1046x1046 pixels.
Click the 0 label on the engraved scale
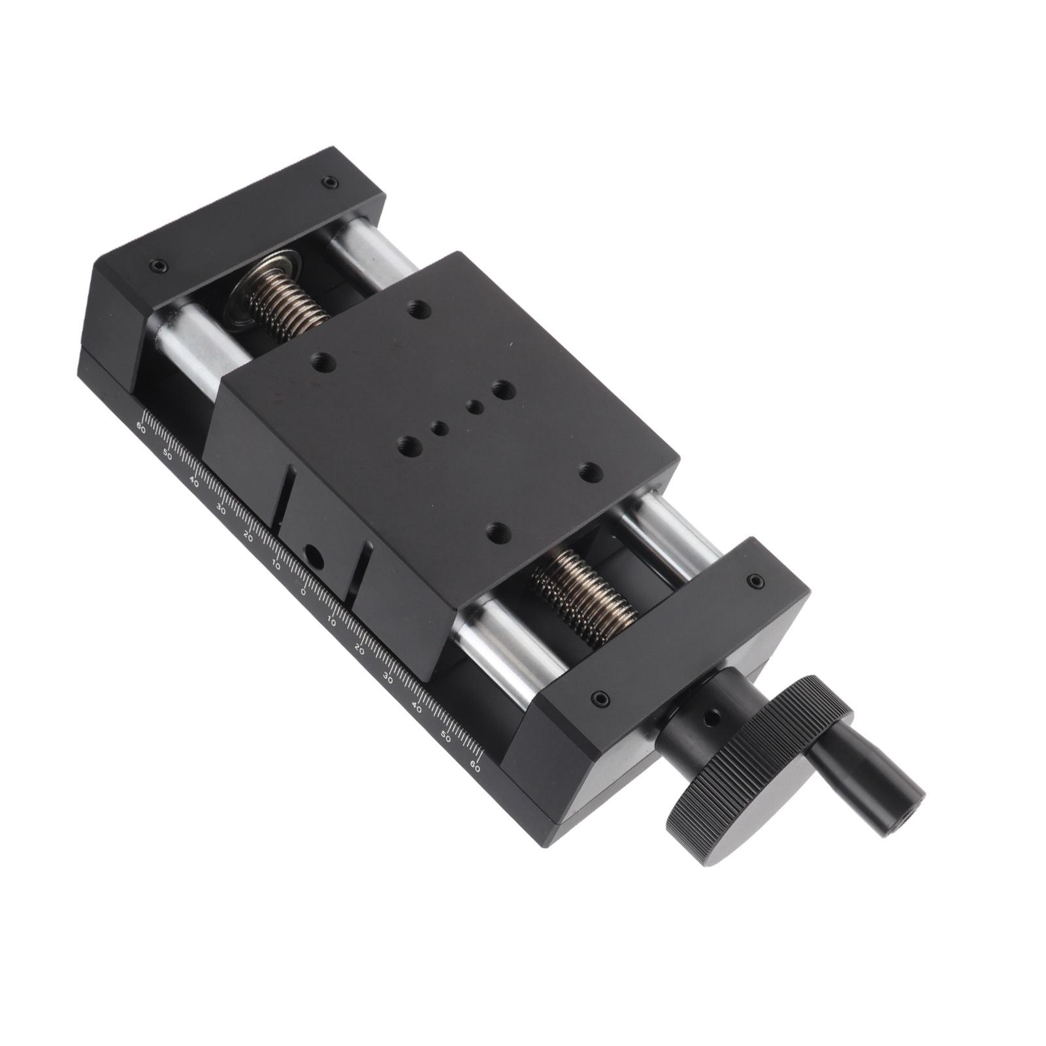[x=304, y=592]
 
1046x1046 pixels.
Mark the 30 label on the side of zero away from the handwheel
[x=221, y=510]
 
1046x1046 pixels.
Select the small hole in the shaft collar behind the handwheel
[x=713, y=719]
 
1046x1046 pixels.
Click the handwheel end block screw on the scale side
[x=600, y=700]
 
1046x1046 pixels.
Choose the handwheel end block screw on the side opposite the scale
[x=755, y=580]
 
